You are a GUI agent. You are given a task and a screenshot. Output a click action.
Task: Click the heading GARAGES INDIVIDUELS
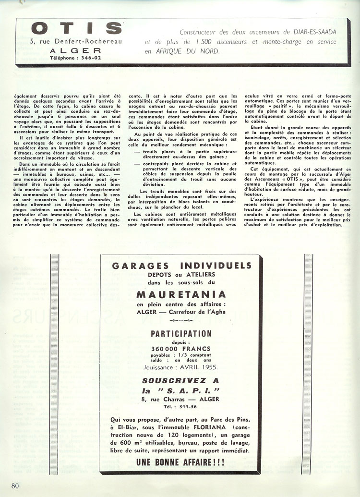181,266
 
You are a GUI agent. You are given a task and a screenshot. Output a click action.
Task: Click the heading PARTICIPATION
181,334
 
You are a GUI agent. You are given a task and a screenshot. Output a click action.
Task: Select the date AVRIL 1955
197,367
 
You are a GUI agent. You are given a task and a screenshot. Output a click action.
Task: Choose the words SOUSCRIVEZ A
181,379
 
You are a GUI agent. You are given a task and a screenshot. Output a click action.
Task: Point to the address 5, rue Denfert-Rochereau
75,41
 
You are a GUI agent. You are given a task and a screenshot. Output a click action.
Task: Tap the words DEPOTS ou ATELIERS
180,275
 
